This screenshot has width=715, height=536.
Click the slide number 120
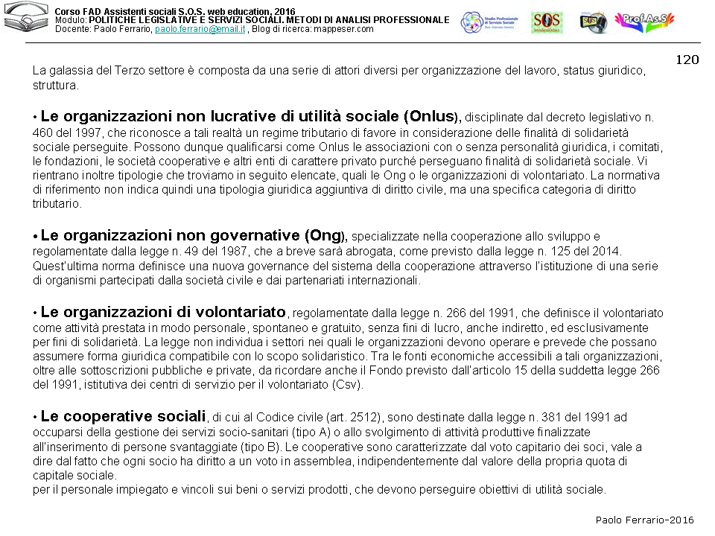coord(687,60)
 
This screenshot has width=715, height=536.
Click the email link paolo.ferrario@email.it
coord(200,28)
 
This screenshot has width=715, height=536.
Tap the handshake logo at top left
coord(26,21)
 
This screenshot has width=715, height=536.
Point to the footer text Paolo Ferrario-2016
coord(644,520)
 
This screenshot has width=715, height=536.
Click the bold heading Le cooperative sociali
coord(123,416)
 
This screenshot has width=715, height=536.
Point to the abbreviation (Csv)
coord(346,385)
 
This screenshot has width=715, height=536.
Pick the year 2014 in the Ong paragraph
coord(607,252)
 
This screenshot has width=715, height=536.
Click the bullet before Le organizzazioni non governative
coord(35,237)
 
